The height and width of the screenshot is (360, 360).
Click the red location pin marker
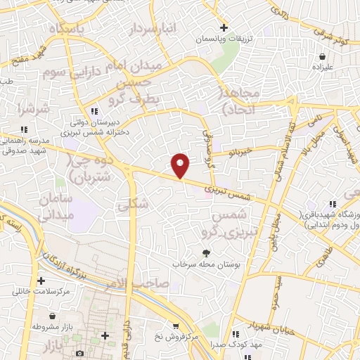pos(181,165)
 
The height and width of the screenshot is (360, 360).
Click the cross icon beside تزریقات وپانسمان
pos(224,28)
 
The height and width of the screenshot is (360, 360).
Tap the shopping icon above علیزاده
pos(322,56)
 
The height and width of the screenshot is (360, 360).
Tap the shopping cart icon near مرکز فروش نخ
pos(176,327)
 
